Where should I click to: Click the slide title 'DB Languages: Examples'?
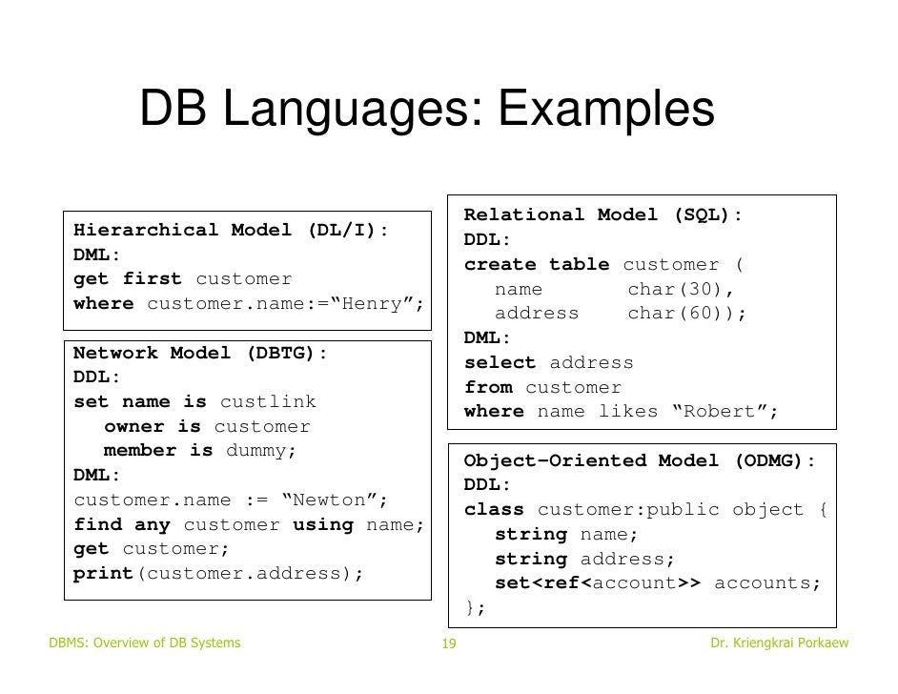pos(426,110)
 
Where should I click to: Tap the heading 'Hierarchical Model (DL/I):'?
pos(232,231)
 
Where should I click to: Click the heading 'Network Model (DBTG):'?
pos(201,353)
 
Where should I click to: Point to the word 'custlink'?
pos(268,402)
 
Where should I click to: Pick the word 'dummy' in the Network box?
pos(255,451)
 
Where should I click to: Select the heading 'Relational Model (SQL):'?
pos(603,215)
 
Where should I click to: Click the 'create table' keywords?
pos(538,264)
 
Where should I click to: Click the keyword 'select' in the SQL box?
pos(500,363)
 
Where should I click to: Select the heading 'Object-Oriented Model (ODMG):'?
pos(640,460)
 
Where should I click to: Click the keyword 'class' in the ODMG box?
pos(494,510)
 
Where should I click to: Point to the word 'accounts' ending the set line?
pos(766,583)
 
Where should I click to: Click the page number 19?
pos(449,645)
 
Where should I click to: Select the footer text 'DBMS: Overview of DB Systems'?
pos(144,643)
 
